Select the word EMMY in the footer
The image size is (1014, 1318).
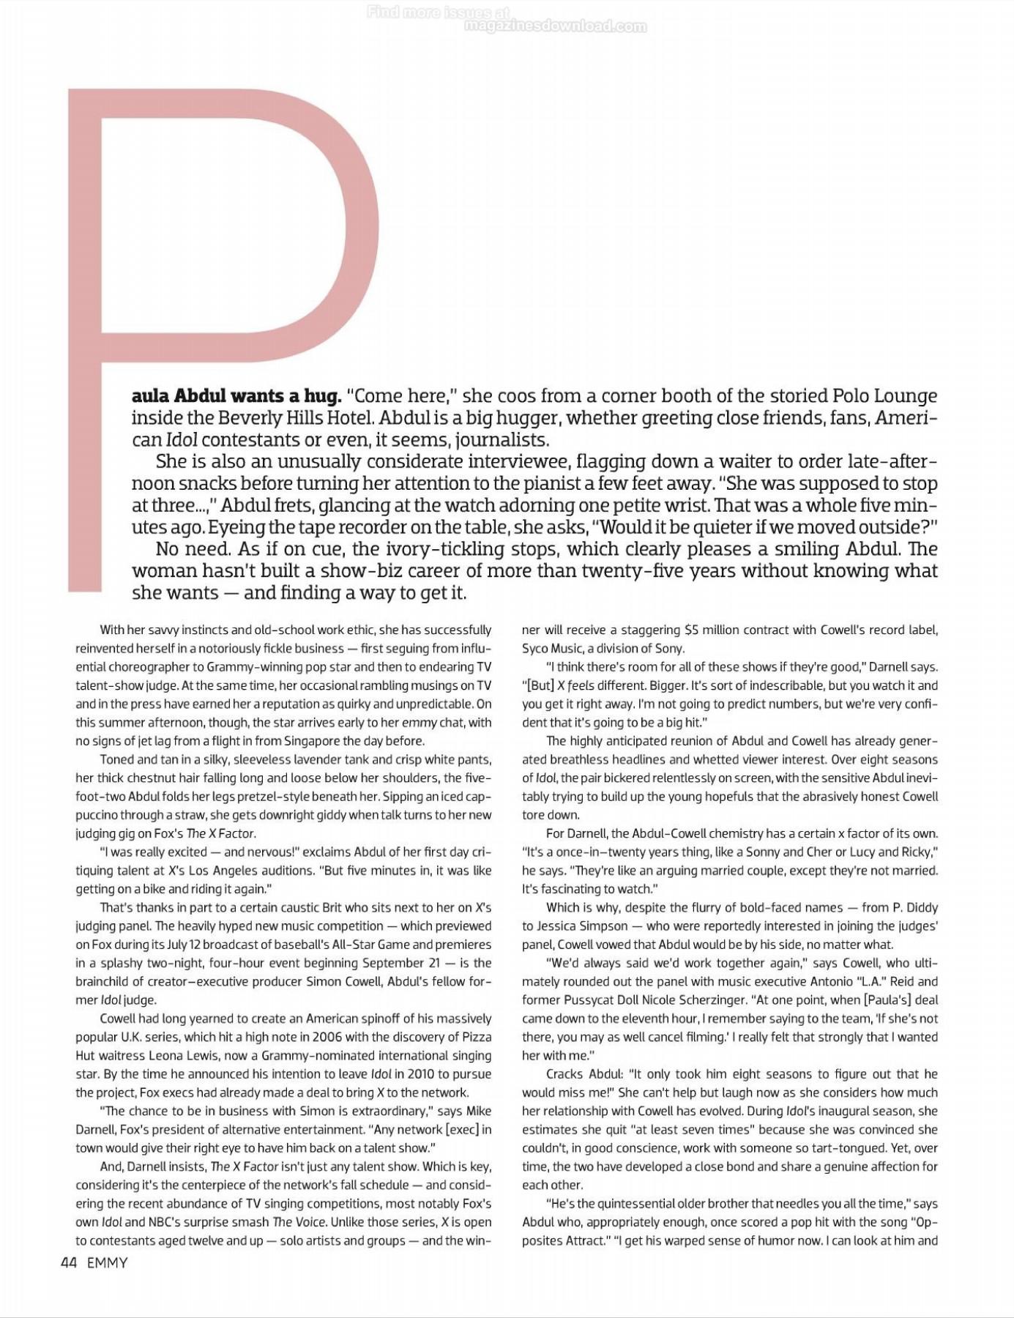(107, 1262)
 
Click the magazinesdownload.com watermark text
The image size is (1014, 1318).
(555, 27)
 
